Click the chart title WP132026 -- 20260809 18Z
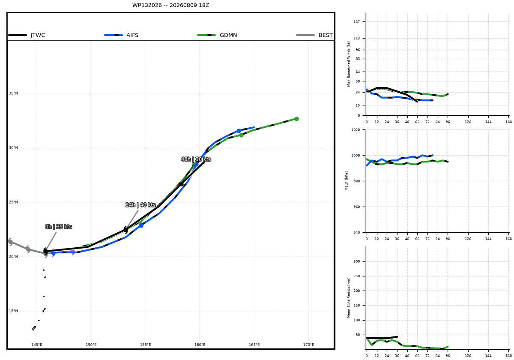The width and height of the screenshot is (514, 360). (170, 5)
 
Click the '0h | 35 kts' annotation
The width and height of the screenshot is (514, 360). (58, 227)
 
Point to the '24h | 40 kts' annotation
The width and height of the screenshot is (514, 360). (140, 205)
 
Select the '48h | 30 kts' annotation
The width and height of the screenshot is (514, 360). (196, 159)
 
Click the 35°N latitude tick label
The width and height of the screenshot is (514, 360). (13, 93)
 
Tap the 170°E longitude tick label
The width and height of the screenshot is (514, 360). (309, 345)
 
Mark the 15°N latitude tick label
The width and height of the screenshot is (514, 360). (13, 311)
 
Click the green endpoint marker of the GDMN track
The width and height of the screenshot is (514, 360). (296, 119)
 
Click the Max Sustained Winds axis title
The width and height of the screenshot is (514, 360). (349, 64)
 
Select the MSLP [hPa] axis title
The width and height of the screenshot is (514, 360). (347, 181)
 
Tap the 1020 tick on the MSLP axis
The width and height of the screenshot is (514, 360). (356, 130)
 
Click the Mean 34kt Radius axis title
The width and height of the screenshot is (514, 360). (349, 298)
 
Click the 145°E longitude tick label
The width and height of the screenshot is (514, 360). (37, 345)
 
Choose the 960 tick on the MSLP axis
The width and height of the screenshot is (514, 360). (356, 207)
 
